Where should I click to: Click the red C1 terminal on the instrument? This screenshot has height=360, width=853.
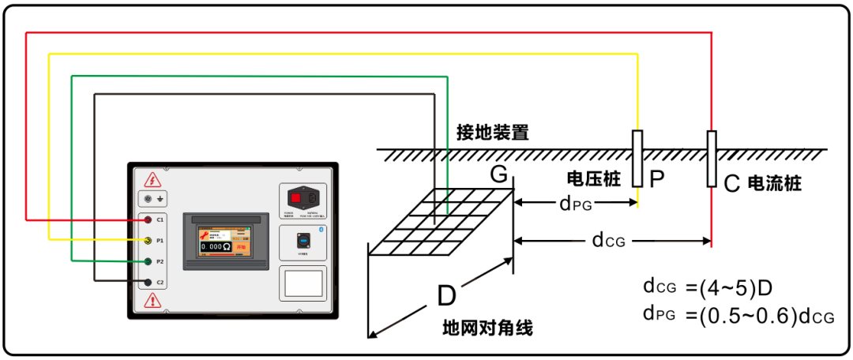pos(148,219)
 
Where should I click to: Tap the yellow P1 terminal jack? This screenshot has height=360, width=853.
pos(148,240)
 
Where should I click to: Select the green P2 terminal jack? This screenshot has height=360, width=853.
pos(148,261)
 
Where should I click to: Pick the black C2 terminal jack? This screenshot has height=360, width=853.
pos(148,282)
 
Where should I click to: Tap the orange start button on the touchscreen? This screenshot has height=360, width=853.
pos(239,247)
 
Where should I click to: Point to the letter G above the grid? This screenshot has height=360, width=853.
pos(498,175)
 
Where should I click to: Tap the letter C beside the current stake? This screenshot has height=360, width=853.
pos(731,183)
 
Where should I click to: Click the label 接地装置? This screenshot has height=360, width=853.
pos(493,132)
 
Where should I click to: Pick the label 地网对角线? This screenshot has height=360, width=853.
pos(487,327)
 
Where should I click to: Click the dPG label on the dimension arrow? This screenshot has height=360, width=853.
pos(577,204)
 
